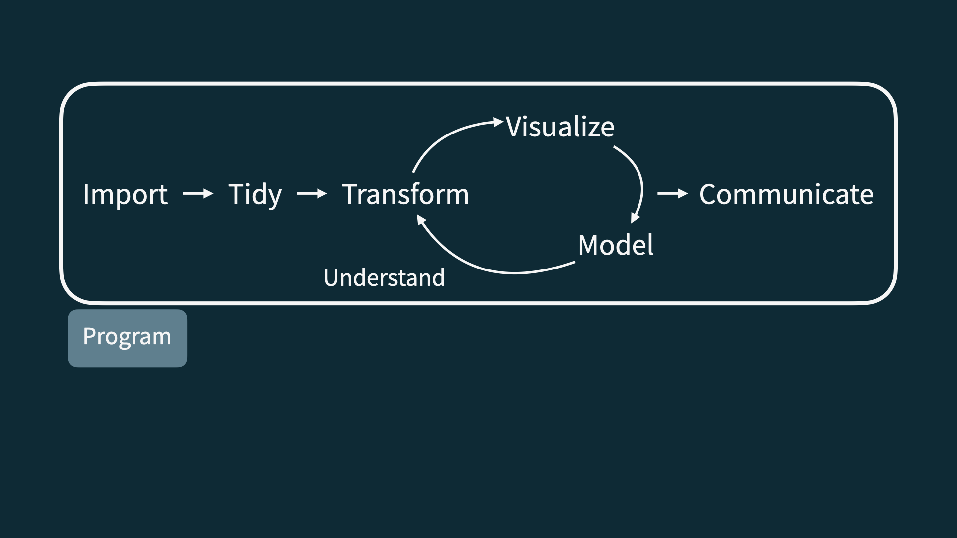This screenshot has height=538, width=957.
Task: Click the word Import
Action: [x=125, y=194]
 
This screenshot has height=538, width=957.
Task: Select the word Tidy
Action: [x=255, y=194]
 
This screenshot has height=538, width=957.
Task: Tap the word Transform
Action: [x=405, y=194]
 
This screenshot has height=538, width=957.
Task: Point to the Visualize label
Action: [x=560, y=127]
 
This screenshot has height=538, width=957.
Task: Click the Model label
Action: [x=615, y=245]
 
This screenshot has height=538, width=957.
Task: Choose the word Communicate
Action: [x=786, y=194]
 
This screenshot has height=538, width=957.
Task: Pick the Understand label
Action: [x=384, y=278]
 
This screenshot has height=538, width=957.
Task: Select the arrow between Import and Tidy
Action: [x=198, y=193]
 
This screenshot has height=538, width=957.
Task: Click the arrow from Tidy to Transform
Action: [x=312, y=193]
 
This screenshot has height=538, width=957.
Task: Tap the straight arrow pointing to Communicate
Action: [x=672, y=193]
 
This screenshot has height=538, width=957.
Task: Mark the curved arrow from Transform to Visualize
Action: [x=444, y=136]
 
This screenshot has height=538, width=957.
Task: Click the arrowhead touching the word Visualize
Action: [x=498, y=122]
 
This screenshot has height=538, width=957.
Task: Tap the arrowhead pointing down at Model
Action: [x=635, y=218]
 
